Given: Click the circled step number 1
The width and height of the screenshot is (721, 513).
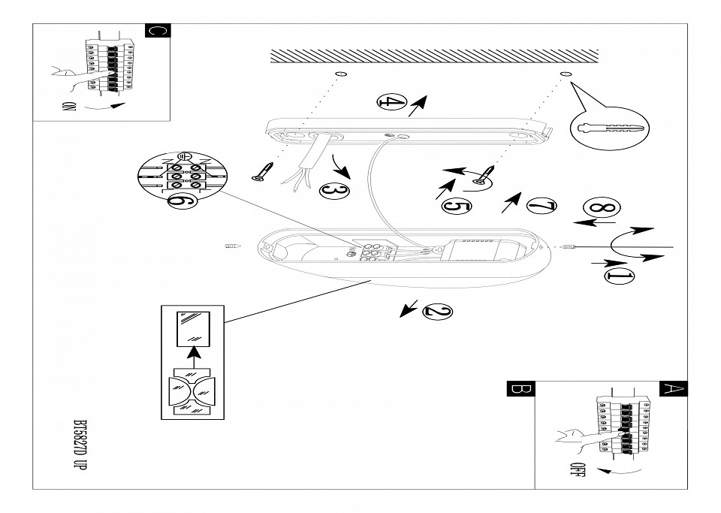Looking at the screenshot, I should (x=618, y=276).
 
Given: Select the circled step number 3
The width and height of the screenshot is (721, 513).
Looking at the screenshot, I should (x=334, y=191).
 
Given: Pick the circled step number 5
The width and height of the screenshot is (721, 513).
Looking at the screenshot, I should (x=457, y=205).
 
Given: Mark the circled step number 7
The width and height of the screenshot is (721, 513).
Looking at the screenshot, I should (x=541, y=205).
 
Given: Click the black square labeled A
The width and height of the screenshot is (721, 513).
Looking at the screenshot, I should (x=673, y=389).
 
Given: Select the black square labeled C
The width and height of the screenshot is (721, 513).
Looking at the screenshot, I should (x=157, y=31).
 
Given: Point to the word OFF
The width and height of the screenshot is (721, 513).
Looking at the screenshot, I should (x=578, y=470).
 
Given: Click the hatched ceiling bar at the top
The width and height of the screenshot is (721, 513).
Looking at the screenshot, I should (x=434, y=56).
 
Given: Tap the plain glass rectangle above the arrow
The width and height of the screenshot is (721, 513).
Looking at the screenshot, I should (x=192, y=328).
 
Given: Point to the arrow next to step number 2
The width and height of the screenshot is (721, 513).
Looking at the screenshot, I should (x=409, y=307).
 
